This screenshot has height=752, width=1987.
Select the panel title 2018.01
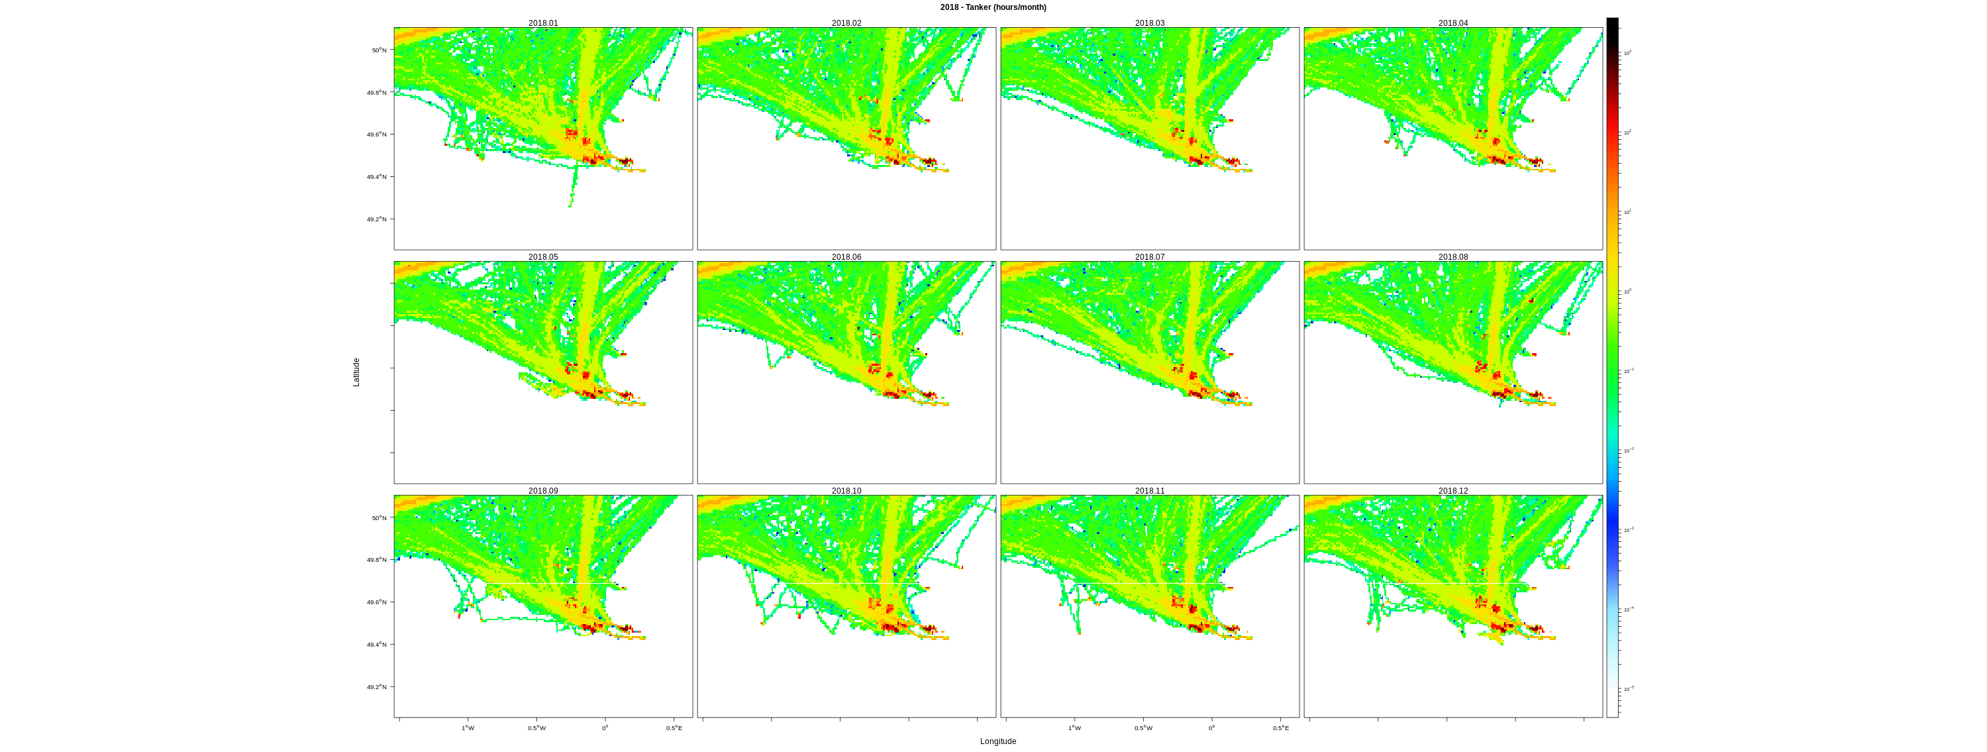(x=543, y=23)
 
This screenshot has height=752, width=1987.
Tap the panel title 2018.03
(x=1149, y=23)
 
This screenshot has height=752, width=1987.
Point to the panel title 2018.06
(x=846, y=257)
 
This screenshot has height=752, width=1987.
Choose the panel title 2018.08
(x=1452, y=257)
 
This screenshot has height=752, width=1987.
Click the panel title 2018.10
(x=846, y=490)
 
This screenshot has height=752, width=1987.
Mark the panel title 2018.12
(x=1452, y=490)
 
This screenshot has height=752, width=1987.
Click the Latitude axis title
(x=356, y=372)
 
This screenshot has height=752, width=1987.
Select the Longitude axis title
(x=998, y=741)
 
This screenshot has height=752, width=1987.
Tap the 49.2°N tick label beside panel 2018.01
(x=376, y=219)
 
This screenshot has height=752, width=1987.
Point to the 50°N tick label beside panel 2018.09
(x=379, y=518)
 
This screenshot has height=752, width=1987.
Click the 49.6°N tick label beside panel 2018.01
(x=376, y=134)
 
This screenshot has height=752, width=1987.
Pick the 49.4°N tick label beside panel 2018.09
(x=376, y=645)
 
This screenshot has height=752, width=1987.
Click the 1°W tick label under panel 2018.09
(x=468, y=728)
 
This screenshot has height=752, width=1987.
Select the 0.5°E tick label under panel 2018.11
(x=1280, y=728)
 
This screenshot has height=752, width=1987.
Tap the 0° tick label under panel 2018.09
(x=605, y=728)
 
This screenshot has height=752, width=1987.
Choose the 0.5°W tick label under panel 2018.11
(x=1143, y=728)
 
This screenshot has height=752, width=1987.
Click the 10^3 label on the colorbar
(x=1627, y=52)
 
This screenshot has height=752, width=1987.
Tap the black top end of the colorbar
(x=1612, y=23)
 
